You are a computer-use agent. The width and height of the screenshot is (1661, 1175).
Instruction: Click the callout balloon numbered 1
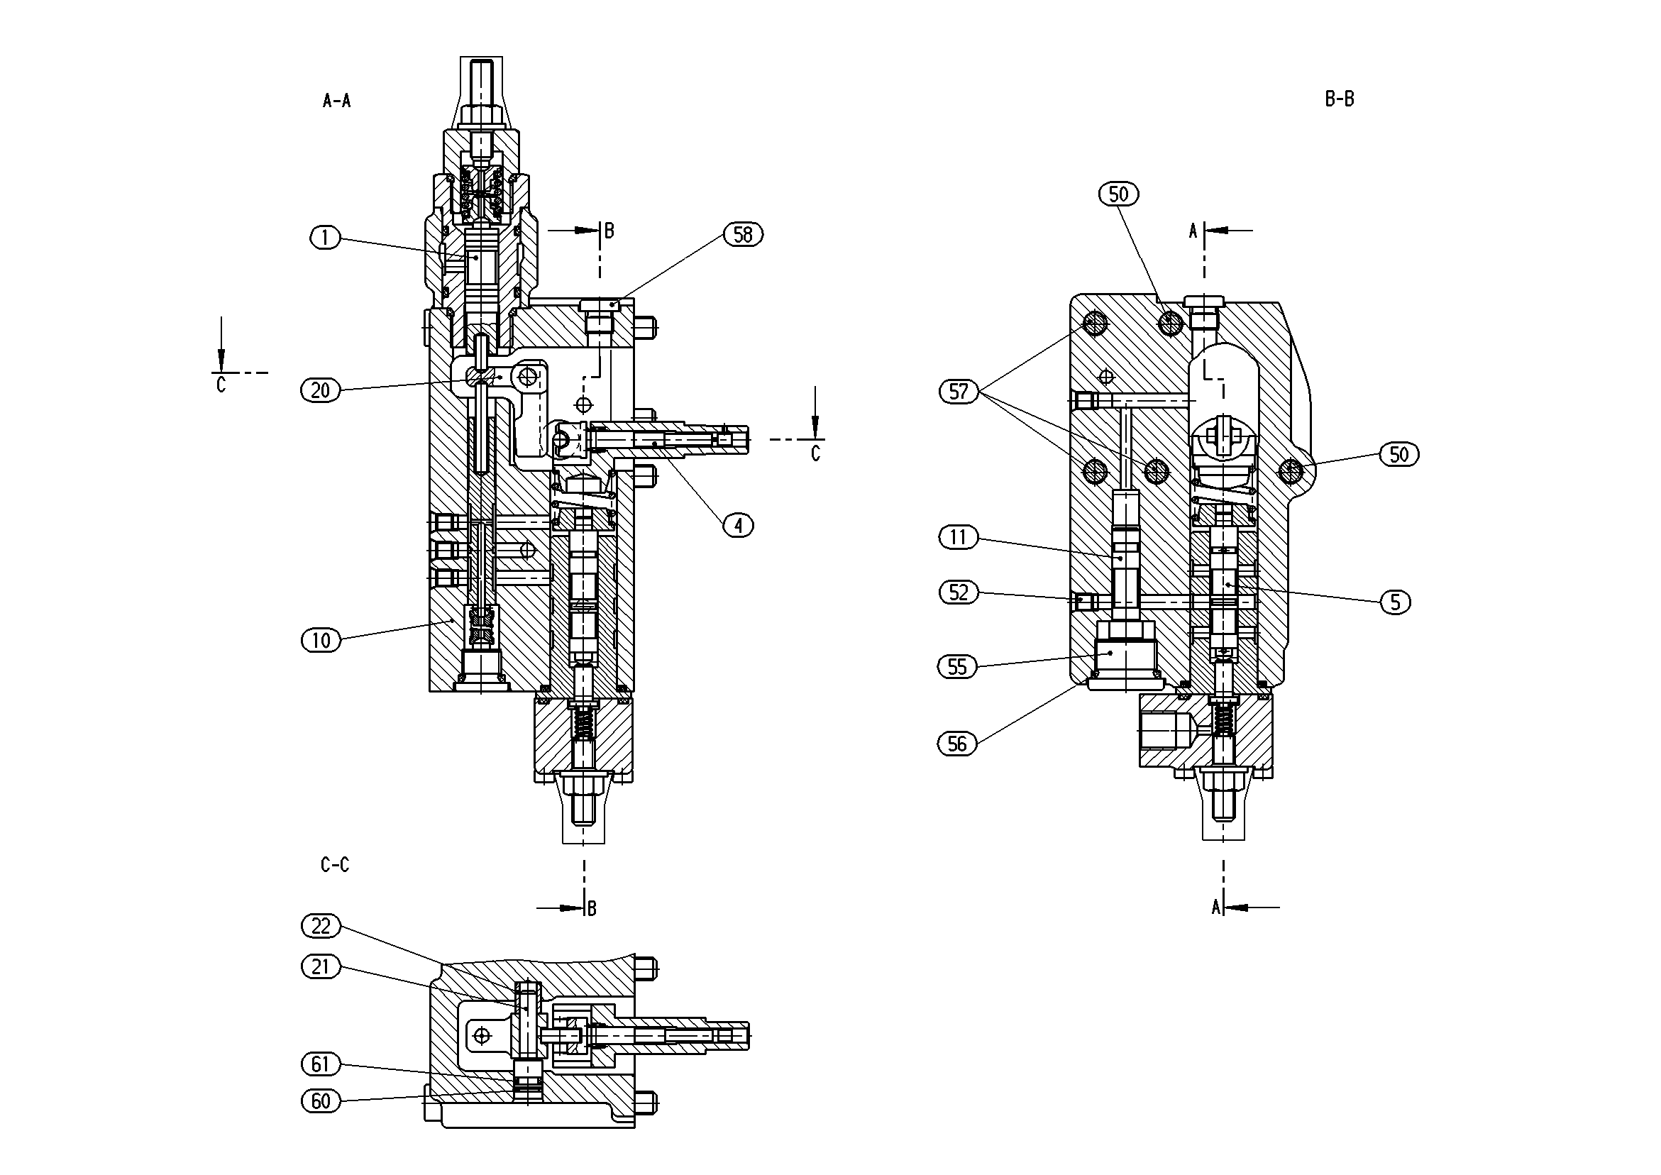326,237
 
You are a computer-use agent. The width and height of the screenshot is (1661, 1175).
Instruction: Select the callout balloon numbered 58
743,234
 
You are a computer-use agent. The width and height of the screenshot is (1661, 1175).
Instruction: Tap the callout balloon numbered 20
321,391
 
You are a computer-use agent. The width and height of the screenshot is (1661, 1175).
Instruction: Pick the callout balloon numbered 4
738,525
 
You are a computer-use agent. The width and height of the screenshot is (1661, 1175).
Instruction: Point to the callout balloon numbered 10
321,640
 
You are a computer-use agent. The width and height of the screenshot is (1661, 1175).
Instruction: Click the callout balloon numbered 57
959,392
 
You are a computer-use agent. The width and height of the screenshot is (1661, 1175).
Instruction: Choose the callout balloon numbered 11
958,538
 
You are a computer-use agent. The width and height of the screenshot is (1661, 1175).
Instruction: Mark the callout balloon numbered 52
958,593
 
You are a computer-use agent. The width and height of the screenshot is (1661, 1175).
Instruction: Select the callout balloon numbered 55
957,667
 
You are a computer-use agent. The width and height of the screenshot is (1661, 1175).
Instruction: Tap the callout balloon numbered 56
957,744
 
